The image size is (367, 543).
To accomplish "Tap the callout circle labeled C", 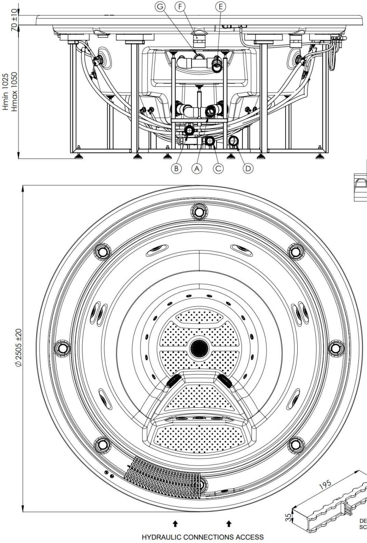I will pos(218,167).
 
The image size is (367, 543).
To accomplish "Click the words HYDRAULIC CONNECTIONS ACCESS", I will pos(203,537).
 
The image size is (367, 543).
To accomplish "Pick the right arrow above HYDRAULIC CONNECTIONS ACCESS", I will pos(229,524).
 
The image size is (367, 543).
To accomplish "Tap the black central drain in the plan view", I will pos(199,348).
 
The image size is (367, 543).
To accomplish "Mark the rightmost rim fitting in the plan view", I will pos(336,348).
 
